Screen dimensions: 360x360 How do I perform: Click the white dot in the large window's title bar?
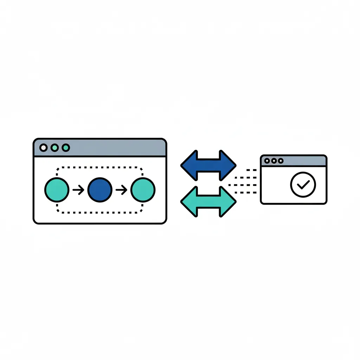pyautogui.click(x=43, y=148)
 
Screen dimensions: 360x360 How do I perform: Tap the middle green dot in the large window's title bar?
pyautogui.click(x=54, y=148)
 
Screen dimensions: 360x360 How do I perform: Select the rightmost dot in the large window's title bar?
pyautogui.click(x=66, y=148)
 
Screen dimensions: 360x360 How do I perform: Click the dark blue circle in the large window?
pyautogui.click(x=100, y=190)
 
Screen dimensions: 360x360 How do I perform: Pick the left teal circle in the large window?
pyautogui.click(x=57, y=190)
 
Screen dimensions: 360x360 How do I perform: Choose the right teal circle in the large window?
pyautogui.click(x=143, y=190)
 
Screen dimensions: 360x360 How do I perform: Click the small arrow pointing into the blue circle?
pyautogui.click(x=78, y=190)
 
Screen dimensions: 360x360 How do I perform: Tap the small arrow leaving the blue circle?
pyautogui.click(x=121, y=190)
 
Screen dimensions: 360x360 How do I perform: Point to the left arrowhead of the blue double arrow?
pyautogui.click(x=189, y=165)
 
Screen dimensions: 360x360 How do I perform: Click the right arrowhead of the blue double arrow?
pyautogui.click(x=228, y=165)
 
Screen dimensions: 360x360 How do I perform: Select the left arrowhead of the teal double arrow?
pyautogui.click(x=189, y=201)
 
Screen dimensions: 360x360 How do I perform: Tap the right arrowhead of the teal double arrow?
pyautogui.click(x=228, y=201)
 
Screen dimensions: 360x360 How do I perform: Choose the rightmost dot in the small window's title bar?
pyautogui.click(x=281, y=161)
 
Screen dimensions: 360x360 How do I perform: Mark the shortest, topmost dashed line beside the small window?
pyautogui.click(x=251, y=170)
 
